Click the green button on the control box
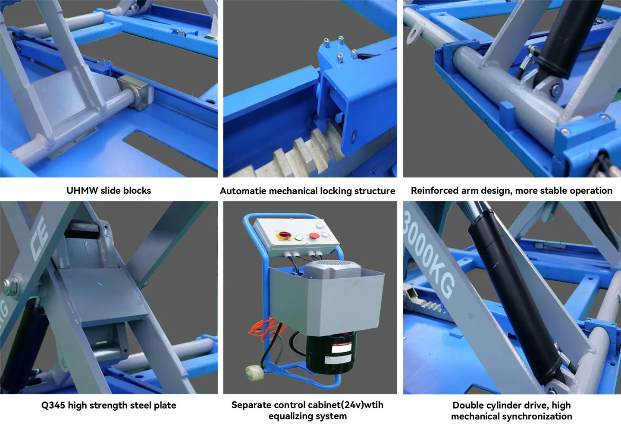coord(298,238)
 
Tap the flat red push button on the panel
coord(314,236)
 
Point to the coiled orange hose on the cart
coord(266,327)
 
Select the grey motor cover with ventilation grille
coord(332,269)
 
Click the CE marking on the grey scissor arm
coord(39,239)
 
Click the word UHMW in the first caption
coord(82,191)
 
